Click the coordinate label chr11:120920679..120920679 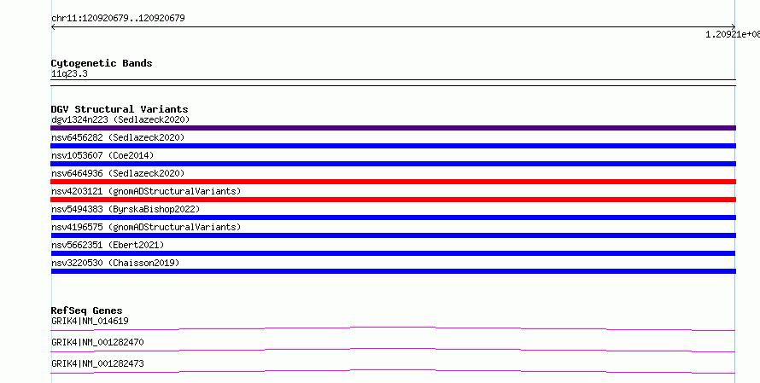118,19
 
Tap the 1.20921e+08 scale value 733,34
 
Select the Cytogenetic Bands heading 102,63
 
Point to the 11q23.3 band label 69,74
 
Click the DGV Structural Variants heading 120,109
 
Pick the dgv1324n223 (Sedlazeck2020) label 120,119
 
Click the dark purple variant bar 393,128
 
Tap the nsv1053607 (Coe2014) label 102,155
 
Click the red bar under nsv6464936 393,182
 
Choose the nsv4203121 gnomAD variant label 146,191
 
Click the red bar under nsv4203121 393,200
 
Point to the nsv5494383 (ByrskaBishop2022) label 126,209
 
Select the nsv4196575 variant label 146,227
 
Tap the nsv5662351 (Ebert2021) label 108,245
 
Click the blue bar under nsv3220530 393,271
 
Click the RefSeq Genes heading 86,310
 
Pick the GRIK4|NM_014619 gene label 90,321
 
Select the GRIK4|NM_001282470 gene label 97,342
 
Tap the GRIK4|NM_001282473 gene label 97,363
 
